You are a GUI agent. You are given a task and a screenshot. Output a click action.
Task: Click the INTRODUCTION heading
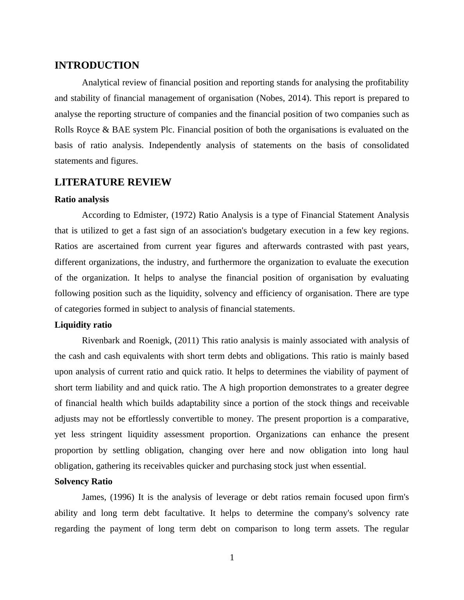coord(97,65)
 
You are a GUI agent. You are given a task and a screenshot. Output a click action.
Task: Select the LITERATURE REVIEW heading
coord(113,182)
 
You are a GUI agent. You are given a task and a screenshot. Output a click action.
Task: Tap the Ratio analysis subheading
coord(81,199)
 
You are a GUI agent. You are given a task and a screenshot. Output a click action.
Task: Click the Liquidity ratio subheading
coord(83,325)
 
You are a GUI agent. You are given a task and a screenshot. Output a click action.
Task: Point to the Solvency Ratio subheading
coord(83,482)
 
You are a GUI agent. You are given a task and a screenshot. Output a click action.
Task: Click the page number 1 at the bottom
coord(232,558)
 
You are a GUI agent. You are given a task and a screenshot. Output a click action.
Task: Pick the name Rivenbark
coord(101,341)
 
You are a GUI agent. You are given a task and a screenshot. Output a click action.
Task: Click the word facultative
coord(184,513)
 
